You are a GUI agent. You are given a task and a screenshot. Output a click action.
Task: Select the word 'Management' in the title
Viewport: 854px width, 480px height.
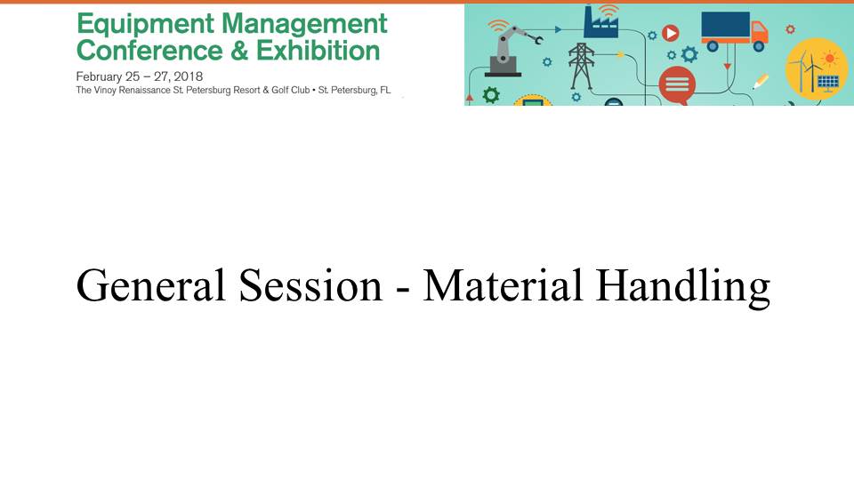[x=304, y=24]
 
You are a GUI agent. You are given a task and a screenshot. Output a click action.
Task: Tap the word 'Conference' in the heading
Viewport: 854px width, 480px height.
[x=149, y=51]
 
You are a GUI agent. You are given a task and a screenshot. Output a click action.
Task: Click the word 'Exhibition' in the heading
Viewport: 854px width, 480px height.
[x=318, y=51]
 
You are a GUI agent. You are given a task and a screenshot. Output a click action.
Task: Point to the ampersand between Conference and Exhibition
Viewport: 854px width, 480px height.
[x=239, y=52]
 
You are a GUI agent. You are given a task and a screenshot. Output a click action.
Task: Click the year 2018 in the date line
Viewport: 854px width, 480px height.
[x=188, y=76]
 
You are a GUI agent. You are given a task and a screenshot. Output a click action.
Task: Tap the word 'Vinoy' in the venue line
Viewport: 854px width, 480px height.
[x=105, y=91]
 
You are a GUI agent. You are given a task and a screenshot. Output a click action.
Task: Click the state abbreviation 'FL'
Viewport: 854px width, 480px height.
[x=385, y=91]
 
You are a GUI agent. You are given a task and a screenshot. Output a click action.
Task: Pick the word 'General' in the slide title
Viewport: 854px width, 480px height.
[x=150, y=285]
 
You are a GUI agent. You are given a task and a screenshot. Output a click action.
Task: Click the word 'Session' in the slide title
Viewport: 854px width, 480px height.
[x=310, y=285]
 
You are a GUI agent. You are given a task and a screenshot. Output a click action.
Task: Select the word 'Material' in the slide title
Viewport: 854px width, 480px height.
[x=503, y=285]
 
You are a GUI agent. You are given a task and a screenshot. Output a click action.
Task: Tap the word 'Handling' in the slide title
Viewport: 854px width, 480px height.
[x=683, y=288]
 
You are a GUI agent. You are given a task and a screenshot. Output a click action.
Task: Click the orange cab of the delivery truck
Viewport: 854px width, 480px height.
[x=759, y=32]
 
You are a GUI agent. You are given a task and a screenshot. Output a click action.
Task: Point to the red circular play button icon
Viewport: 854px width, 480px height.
[x=671, y=34]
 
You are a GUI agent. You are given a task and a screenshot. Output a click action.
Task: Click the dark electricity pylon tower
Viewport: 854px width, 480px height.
[x=581, y=66]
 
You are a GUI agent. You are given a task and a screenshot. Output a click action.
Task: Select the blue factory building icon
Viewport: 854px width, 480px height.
[x=600, y=22]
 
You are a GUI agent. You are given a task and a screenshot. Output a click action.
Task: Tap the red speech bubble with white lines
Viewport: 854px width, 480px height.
[x=677, y=85]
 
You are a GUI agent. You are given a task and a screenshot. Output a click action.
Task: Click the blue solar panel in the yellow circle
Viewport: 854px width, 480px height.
[x=828, y=83]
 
